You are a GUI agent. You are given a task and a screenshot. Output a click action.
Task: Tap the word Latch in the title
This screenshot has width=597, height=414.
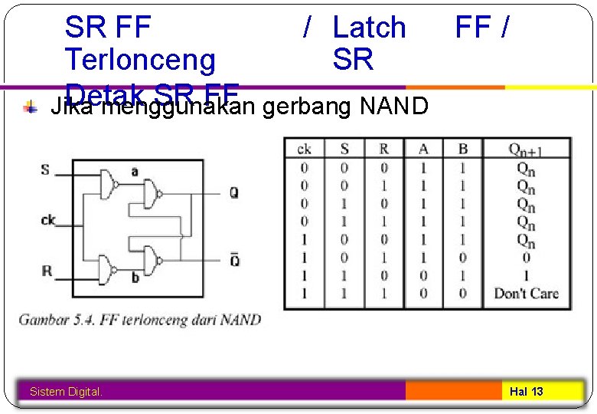370,28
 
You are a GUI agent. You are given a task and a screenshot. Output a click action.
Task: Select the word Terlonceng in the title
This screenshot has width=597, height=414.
141,58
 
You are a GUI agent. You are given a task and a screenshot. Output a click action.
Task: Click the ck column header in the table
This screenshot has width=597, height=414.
304,148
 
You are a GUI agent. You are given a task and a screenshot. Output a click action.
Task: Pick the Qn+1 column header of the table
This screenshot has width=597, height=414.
526,148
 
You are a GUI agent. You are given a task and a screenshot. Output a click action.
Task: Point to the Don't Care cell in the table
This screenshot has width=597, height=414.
526,293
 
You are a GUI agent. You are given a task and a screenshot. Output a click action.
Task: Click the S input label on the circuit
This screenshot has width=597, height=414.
46,169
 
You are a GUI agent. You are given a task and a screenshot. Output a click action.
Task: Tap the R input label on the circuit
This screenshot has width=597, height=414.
47,271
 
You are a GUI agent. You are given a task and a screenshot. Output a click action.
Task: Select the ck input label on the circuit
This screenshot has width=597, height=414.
47,221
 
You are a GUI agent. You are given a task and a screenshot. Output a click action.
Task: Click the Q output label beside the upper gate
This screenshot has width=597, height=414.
234,192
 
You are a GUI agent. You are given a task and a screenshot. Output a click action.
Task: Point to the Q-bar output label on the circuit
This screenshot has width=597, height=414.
234,259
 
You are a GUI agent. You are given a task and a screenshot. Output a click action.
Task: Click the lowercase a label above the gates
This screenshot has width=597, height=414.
135,172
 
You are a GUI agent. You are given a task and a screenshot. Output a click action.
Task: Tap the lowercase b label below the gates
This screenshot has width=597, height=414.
135,278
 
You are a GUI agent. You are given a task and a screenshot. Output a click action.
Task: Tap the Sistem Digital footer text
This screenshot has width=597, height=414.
66,392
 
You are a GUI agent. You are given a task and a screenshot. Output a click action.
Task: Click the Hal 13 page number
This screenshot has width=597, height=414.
527,392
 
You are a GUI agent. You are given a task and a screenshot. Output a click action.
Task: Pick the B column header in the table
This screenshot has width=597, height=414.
463,148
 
